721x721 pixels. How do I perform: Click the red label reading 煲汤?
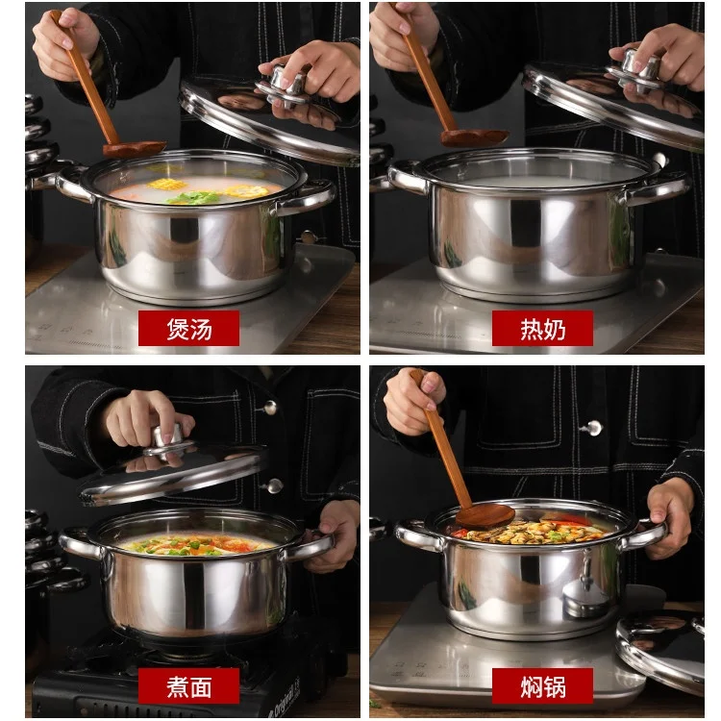[x=188, y=329]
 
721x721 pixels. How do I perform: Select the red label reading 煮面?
[x=188, y=685]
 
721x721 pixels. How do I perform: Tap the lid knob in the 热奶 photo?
[x=638, y=65]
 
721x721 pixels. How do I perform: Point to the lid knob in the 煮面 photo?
[x=168, y=440]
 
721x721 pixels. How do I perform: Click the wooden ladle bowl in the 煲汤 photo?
[x=135, y=148]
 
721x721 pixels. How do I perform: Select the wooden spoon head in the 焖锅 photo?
[x=485, y=516]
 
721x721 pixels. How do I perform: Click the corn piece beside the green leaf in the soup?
[x=246, y=190]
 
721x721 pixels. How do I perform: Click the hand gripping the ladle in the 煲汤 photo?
[x=62, y=43]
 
